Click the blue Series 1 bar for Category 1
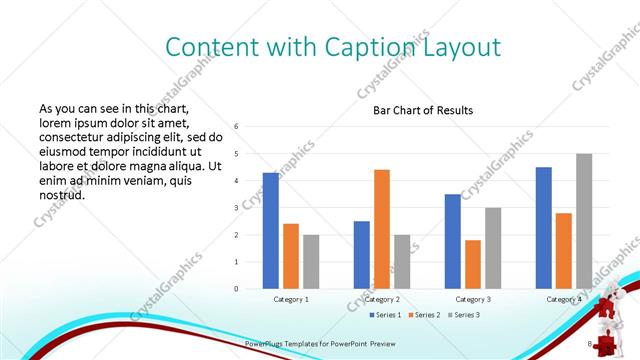click(271, 230)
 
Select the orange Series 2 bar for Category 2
click(381, 229)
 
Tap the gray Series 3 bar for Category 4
click(583, 221)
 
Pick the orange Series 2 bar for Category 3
click(472, 264)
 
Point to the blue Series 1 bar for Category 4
click(543, 227)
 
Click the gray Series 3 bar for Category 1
click(311, 261)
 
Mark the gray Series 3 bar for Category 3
click(492, 248)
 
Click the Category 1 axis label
click(291, 299)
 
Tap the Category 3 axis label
click(472, 299)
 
